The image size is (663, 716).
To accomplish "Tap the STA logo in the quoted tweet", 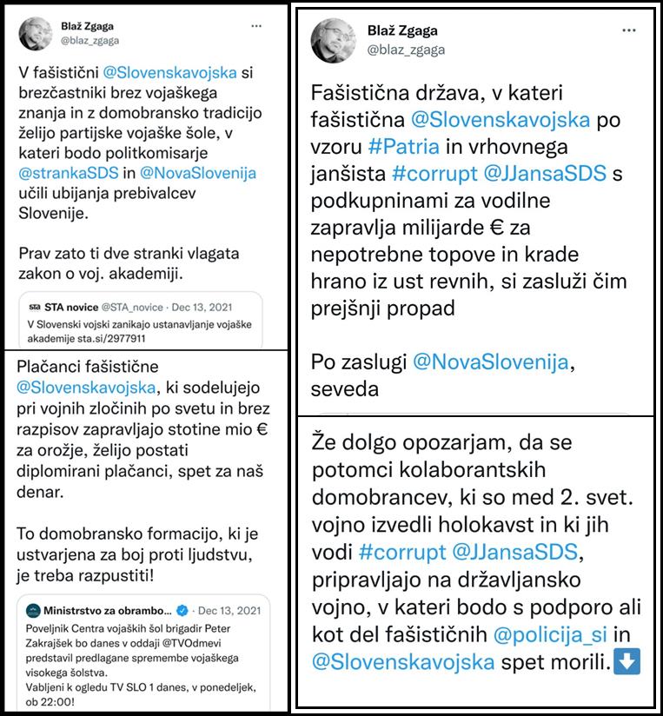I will pyautogui.click(x=36, y=307).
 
